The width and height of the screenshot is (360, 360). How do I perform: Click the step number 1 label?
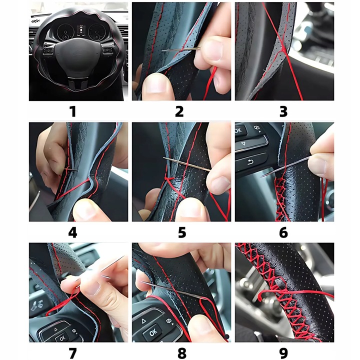pos(73,111)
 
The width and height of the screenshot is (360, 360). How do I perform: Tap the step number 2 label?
pos(179,111)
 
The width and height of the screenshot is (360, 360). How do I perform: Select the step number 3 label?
pos(283,111)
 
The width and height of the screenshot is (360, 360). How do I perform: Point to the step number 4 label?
pos(72,232)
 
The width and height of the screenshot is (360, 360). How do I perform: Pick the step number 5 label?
pos(182,232)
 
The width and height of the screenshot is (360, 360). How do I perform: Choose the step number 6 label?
pos(283,232)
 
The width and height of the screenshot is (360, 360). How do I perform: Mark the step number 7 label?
pos(72,353)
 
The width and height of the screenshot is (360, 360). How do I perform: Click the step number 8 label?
pos(182,353)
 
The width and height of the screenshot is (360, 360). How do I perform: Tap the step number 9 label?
pos(283,353)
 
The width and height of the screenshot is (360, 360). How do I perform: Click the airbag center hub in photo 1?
pos(78,51)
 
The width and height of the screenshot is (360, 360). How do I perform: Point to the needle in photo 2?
pos(181,49)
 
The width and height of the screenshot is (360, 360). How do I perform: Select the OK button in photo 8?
pos(153,331)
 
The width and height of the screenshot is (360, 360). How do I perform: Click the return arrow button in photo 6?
pos(250,162)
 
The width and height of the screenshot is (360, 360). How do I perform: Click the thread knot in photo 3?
pos(284,49)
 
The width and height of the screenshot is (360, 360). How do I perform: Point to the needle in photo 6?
pos(287,166)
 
